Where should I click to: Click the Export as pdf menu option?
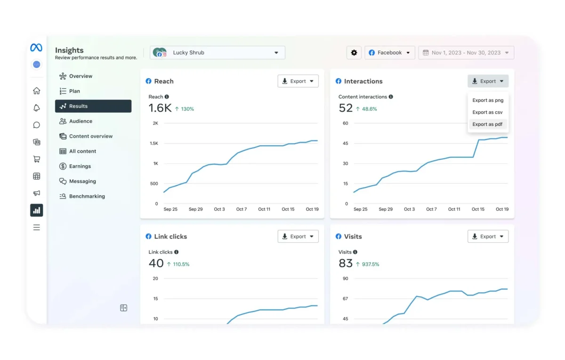click(x=487, y=124)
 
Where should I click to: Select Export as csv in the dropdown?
click(x=487, y=112)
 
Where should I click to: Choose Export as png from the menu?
click(x=488, y=100)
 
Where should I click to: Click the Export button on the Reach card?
click(x=298, y=81)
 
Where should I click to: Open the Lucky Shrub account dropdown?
click(x=218, y=53)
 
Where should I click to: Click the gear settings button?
click(x=354, y=53)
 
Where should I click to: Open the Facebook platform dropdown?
click(x=390, y=53)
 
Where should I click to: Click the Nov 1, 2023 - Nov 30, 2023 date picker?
click(x=466, y=53)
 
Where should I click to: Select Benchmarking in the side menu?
click(x=87, y=196)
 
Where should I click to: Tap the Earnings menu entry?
click(x=80, y=166)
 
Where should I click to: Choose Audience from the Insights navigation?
click(x=81, y=121)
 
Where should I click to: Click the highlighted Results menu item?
click(x=93, y=106)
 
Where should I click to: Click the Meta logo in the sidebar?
click(x=36, y=48)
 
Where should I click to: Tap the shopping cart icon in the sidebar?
click(x=37, y=159)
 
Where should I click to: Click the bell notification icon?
click(x=37, y=108)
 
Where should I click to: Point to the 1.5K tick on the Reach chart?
click(x=154, y=143)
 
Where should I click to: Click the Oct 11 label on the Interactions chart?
click(x=454, y=209)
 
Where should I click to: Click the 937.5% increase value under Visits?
click(x=370, y=264)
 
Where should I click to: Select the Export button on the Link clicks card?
click(x=298, y=237)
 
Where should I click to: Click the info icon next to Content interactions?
click(x=391, y=97)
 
